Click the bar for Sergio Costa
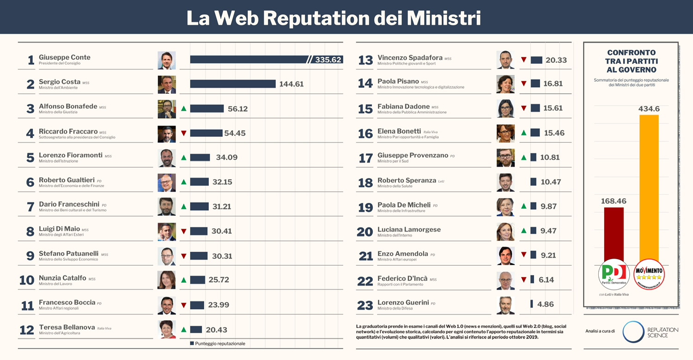(x=232, y=84)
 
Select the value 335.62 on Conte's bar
(x=328, y=60)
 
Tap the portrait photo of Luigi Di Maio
(x=166, y=232)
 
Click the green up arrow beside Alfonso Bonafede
(x=183, y=109)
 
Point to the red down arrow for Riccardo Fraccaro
(x=183, y=133)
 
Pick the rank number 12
(x=27, y=330)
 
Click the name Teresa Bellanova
(x=67, y=327)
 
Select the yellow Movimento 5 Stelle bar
(x=649, y=188)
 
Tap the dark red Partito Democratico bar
(x=614, y=234)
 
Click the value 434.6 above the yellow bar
(x=649, y=109)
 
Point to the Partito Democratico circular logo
(x=614, y=275)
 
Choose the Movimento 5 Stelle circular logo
(x=649, y=275)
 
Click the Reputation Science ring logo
(x=633, y=332)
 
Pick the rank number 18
(x=365, y=183)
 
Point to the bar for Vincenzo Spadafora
(x=536, y=60)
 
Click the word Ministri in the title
(x=444, y=18)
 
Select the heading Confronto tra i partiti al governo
(x=631, y=61)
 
